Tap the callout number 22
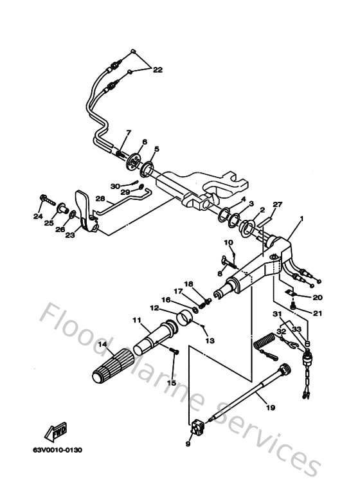coord(158,71)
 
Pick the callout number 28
coord(100,199)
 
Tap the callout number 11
coord(136,320)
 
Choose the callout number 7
coord(129,132)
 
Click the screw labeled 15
coord(174,350)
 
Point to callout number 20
coord(317,298)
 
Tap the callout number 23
coord(69,235)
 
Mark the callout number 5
coord(156,149)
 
